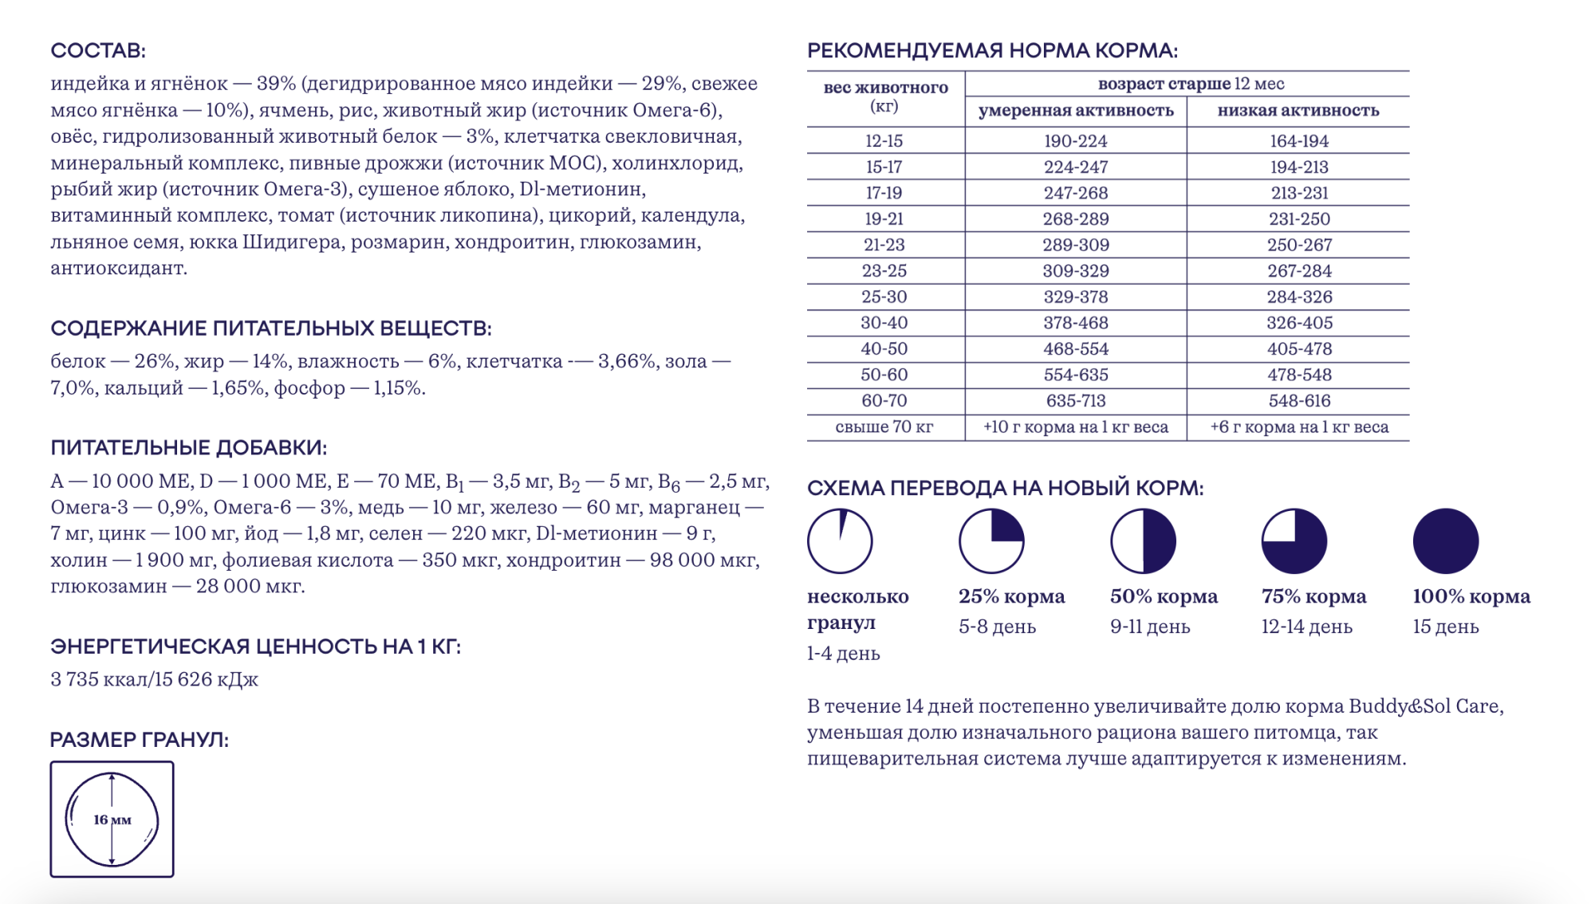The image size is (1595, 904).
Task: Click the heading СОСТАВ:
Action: point(98,50)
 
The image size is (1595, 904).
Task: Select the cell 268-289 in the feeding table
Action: point(1075,219)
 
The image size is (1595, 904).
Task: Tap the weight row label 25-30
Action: point(884,297)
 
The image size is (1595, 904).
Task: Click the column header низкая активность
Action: point(1298,111)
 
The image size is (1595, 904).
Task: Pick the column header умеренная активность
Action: point(1075,111)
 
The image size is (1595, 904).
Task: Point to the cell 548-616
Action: point(1299,401)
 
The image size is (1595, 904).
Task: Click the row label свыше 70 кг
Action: point(884,427)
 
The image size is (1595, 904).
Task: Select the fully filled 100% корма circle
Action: point(1445,541)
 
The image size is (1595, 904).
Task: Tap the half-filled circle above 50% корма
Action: point(1143,541)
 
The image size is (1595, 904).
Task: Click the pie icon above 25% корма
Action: point(991,541)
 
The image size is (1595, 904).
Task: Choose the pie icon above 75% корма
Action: point(1294,541)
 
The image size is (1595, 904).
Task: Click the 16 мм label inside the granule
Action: point(112,819)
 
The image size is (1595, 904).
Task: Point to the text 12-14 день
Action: point(1306,627)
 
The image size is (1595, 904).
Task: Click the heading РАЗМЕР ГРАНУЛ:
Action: point(139,740)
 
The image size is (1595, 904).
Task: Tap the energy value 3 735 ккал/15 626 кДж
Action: point(154,679)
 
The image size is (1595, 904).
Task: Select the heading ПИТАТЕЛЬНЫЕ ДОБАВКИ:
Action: point(188,448)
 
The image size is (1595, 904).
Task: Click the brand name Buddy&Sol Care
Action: point(1425,706)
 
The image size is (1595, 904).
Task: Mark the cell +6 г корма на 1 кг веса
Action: point(1299,427)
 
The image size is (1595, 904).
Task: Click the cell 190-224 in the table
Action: point(1075,141)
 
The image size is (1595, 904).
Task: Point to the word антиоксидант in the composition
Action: point(118,268)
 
